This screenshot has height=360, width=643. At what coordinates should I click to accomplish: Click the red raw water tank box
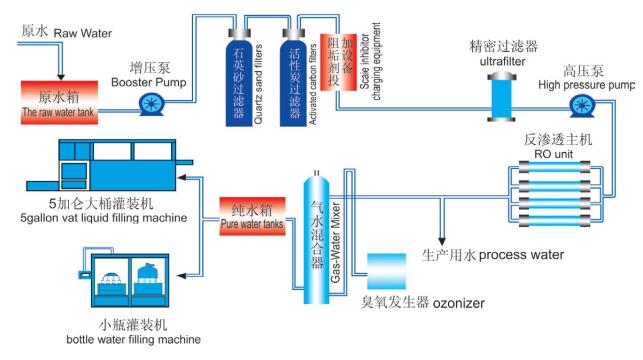[x=59, y=103]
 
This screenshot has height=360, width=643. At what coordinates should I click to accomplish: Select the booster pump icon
[x=151, y=104]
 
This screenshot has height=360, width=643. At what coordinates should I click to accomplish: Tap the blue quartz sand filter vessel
[x=239, y=78]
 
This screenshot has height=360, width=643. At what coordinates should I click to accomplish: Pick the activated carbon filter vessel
[x=293, y=78]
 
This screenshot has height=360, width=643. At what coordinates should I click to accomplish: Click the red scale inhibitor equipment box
[x=338, y=62]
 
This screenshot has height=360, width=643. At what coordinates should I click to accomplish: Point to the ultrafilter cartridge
[x=501, y=97]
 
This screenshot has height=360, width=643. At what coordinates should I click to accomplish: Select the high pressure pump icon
[x=582, y=105]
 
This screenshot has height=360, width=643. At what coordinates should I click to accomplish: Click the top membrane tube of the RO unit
[x=554, y=167]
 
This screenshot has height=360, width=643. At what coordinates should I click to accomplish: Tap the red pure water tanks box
[x=252, y=216]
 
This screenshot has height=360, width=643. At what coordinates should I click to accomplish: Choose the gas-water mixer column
[x=316, y=238]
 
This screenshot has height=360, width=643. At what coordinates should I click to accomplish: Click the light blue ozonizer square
[x=386, y=271]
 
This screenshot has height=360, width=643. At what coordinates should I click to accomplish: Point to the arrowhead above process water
[x=442, y=241]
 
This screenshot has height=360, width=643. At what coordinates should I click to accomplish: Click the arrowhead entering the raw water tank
[x=61, y=77]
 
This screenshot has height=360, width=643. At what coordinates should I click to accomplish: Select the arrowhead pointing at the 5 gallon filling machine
[x=182, y=178]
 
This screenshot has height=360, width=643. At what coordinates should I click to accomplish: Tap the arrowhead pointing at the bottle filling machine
[x=182, y=276]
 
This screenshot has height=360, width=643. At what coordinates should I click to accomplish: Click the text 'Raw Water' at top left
[x=83, y=33]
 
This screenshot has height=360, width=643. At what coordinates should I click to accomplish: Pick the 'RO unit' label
[x=554, y=154]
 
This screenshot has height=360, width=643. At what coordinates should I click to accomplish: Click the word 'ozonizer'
[x=459, y=303]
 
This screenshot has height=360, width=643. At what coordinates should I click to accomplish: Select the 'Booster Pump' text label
[x=148, y=82]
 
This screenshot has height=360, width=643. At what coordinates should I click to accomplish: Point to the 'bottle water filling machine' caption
[x=134, y=339]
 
